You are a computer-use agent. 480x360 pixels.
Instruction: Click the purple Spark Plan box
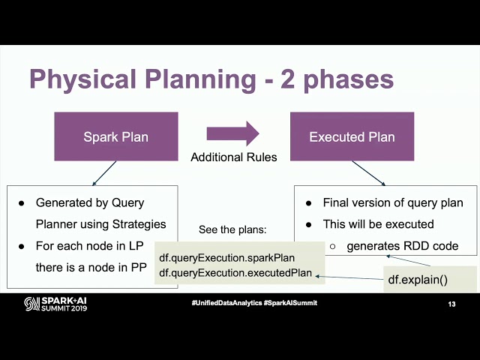click(115, 136)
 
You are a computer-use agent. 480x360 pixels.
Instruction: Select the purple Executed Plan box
click(352, 136)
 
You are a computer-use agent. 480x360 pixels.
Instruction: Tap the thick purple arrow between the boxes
click(233, 134)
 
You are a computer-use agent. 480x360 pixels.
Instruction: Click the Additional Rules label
click(234, 157)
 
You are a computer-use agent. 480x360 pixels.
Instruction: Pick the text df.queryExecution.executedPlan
click(235, 272)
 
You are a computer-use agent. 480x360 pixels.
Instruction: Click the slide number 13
click(451, 304)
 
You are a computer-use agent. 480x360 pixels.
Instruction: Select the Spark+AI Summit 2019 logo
click(55, 303)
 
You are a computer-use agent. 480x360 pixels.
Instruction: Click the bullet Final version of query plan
click(392, 202)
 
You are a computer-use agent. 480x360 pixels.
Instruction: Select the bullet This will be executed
click(379, 224)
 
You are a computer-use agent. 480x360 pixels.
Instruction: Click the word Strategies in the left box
click(139, 224)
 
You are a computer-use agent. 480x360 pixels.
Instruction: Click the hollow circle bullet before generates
click(332, 246)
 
